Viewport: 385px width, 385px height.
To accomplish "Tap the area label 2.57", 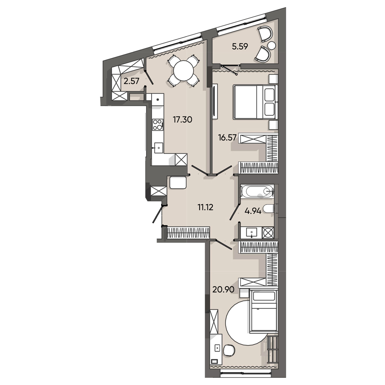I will pyautogui.click(x=131, y=81).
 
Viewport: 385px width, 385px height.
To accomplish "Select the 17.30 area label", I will pyautogui.click(x=183, y=120).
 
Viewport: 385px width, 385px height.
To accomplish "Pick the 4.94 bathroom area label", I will pyautogui.click(x=253, y=211).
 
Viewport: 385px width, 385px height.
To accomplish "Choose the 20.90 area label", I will pyautogui.click(x=223, y=289).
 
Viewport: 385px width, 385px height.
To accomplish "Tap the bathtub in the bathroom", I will pyautogui.click(x=257, y=191).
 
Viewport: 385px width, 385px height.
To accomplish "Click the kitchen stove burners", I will pyautogui.click(x=157, y=124).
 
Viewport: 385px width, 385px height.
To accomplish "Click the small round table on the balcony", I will pyautogui.click(x=272, y=46).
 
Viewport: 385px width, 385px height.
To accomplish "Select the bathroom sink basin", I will pyautogui.click(x=252, y=232).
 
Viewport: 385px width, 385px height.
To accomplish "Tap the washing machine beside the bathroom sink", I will pyautogui.click(x=268, y=232).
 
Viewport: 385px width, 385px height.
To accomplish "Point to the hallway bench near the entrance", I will pyautogui.click(x=178, y=183).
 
